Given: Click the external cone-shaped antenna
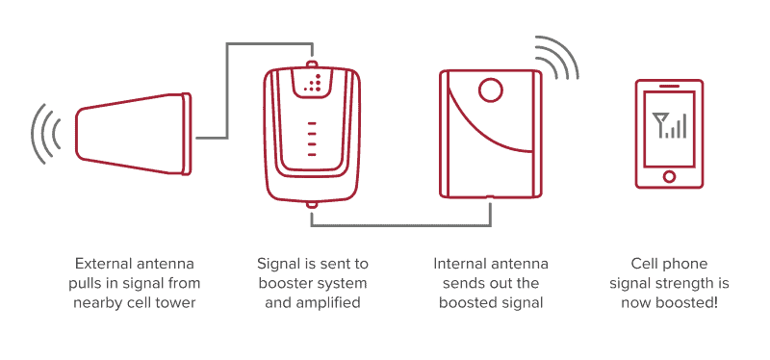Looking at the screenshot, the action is click(x=133, y=133).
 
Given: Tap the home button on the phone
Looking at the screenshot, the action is click(x=669, y=176).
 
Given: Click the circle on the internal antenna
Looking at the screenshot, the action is click(x=490, y=90).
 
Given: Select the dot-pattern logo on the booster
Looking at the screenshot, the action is click(x=313, y=84).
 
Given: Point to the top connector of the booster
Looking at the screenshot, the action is click(x=311, y=64).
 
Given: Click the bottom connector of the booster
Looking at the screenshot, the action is click(x=311, y=204).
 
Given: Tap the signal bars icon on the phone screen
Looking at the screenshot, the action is click(x=669, y=125).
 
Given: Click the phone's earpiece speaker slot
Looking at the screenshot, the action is click(x=669, y=86).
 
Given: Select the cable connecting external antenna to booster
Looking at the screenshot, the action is click(x=227, y=90).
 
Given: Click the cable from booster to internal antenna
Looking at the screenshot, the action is click(x=400, y=225).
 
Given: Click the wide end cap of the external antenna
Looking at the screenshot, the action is click(x=186, y=134).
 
